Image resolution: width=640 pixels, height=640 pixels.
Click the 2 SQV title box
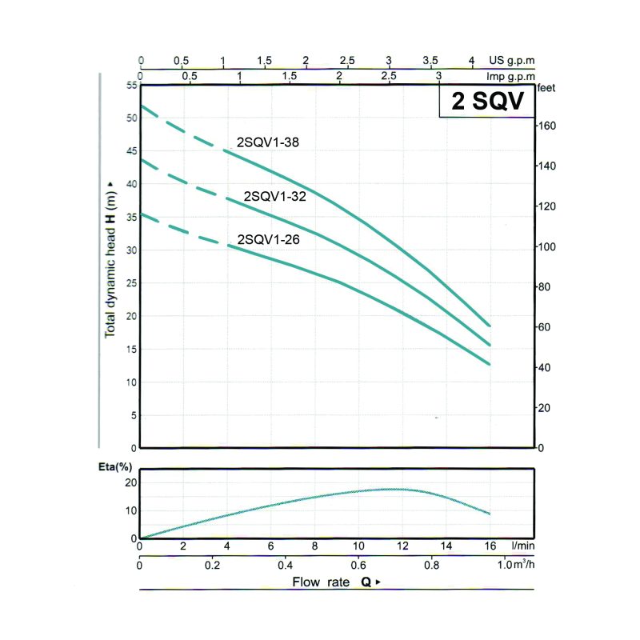[x=486, y=102]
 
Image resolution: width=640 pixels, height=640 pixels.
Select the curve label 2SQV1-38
[x=268, y=142]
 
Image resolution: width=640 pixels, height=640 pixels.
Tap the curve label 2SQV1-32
[x=275, y=196]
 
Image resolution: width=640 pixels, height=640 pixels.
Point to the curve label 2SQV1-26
[x=268, y=238]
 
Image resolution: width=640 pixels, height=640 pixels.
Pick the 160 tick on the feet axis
[x=547, y=126]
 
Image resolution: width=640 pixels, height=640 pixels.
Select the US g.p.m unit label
[x=512, y=61]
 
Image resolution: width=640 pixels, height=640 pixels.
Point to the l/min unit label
[x=522, y=546]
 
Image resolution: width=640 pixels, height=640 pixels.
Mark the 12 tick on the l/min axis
[x=402, y=546]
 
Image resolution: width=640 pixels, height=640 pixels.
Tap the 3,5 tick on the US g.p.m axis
[x=430, y=61]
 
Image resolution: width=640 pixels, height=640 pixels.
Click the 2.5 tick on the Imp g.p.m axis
[x=390, y=76]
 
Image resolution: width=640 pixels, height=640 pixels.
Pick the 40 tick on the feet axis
[x=545, y=367]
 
